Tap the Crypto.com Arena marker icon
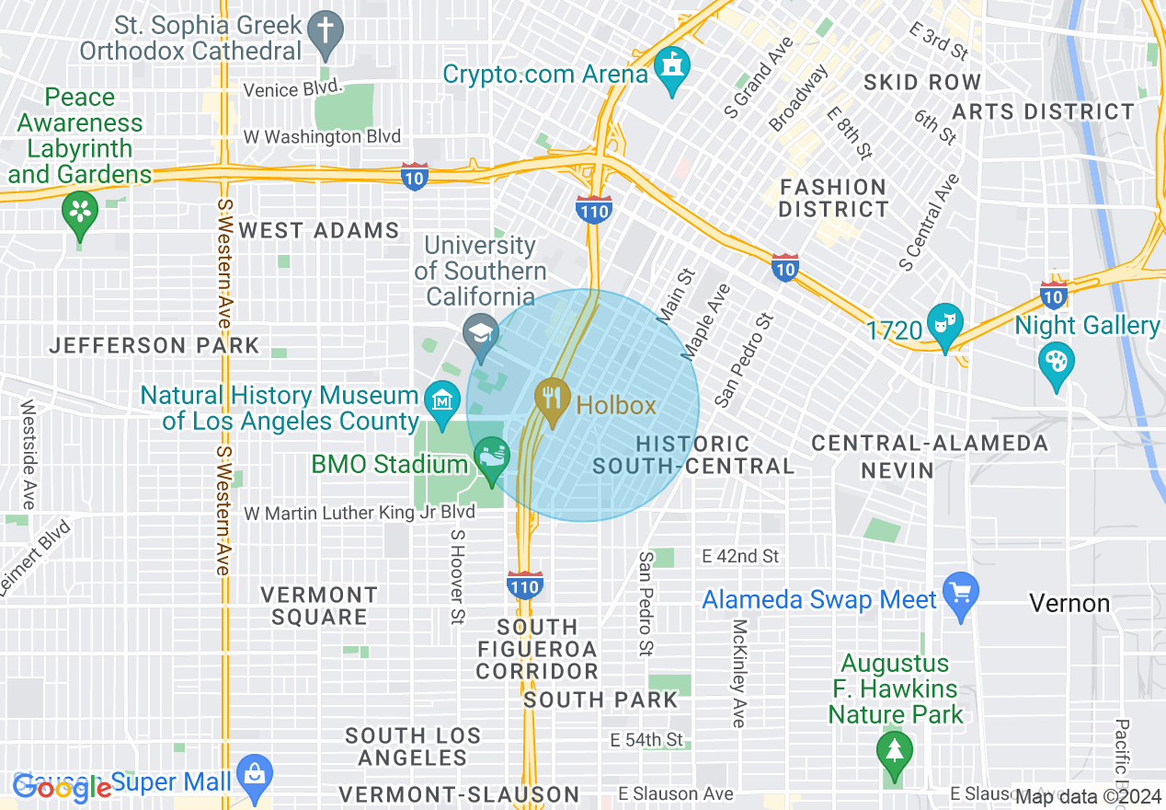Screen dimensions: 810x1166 pyautogui.click(x=673, y=67)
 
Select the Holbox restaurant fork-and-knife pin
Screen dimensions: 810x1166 pyautogui.click(x=551, y=399)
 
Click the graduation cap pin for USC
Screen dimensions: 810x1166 pyautogui.click(x=480, y=332)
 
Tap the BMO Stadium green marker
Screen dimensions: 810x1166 pyautogui.click(x=492, y=456)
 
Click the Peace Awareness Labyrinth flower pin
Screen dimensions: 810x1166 pyautogui.click(x=80, y=211)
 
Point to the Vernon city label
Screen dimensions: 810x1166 pyautogui.click(x=1069, y=604)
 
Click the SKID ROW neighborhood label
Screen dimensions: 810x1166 pyautogui.click(x=922, y=82)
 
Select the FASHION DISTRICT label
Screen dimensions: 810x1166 pyautogui.click(x=833, y=198)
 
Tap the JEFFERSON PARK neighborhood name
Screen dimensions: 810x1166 pyautogui.click(x=154, y=346)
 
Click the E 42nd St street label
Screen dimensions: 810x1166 pyautogui.click(x=740, y=556)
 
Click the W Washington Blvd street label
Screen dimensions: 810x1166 pyautogui.click(x=322, y=136)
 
